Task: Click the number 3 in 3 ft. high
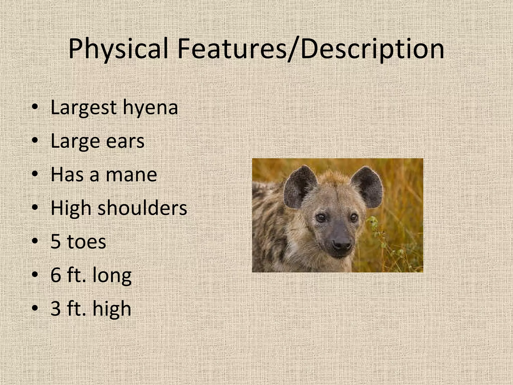(56, 309)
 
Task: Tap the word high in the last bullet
(112, 309)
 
